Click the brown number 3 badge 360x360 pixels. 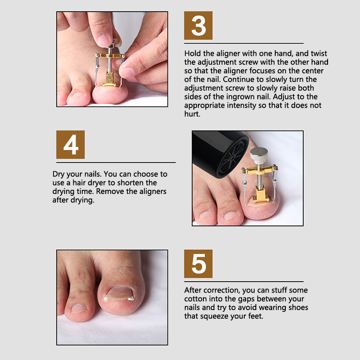(x=198, y=26)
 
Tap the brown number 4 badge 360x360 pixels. (x=71, y=144)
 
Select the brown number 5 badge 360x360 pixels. (x=198, y=264)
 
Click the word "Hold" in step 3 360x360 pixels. (x=193, y=54)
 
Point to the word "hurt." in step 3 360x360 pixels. (x=193, y=114)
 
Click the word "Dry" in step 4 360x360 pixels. (x=58, y=174)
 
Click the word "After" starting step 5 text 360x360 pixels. (x=193, y=290)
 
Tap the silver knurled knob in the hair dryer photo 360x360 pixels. (x=259, y=155)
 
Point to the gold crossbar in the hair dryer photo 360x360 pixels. (x=260, y=171)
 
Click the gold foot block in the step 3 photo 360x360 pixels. (x=109, y=79)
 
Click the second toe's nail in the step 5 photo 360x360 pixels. (x=79, y=308)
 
